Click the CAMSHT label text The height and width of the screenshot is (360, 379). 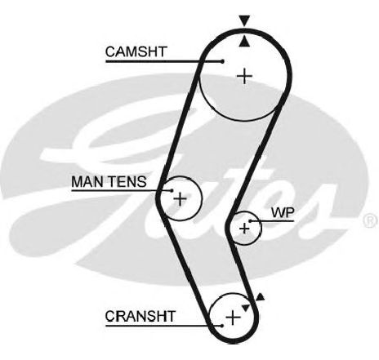[x=136, y=51]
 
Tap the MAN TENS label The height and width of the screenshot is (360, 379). [x=109, y=181]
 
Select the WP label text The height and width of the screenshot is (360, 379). [x=283, y=212]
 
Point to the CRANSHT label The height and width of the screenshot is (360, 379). [x=140, y=316]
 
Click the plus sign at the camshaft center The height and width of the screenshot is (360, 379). [x=245, y=76]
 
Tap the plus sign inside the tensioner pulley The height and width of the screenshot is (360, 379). [x=180, y=199]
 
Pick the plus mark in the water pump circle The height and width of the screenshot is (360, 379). [x=244, y=228]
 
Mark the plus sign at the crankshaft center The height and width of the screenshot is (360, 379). [x=233, y=318]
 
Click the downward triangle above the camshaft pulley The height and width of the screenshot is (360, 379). [x=244, y=20]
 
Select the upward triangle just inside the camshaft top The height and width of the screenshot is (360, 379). [x=244, y=41]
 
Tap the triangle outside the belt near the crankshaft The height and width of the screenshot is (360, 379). [x=260, y=297]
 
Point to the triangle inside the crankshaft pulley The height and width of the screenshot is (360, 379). [x=246, y=308]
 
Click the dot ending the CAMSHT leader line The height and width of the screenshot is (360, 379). [x=222, y=62]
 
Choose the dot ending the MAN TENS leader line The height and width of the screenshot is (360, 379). [x=172, y=190]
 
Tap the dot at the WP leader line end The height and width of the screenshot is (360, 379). [x=250, y=221]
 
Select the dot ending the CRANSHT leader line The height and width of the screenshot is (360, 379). [x=222, y=326]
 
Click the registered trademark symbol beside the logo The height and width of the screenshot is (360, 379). [x=370, y=220]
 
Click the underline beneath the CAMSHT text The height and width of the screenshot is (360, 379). [x=164, y=62]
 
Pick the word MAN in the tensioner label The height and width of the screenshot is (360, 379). [x=87, y=181]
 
